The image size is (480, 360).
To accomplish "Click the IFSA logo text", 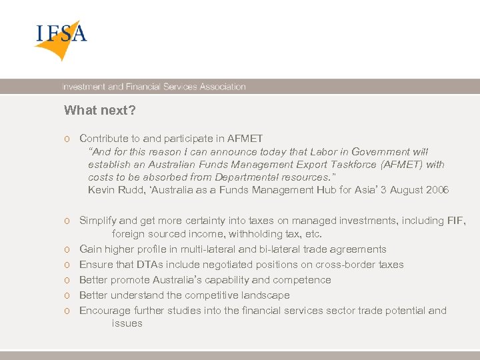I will coord(61,33).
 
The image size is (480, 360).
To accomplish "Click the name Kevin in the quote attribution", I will coord(101,190).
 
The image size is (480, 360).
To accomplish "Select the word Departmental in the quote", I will coord(257,177).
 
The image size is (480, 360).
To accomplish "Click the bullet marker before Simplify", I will coord(68,221).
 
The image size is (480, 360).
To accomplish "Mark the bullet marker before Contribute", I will coord(68,139).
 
